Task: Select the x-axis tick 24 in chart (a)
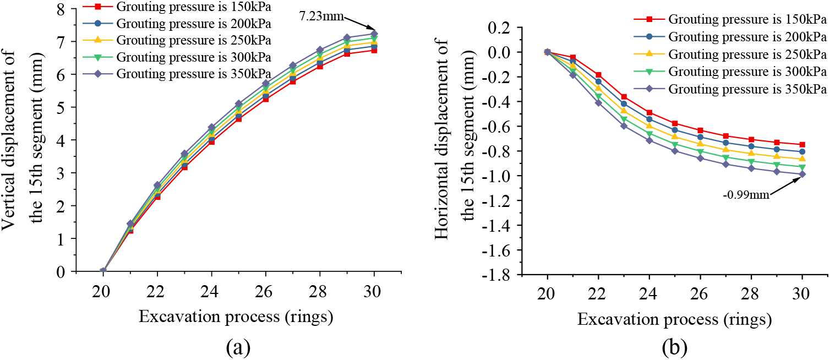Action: pos(211,292)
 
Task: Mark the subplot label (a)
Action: pos(238,347)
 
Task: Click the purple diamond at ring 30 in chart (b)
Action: pos(802,174)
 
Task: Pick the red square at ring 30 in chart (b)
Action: pos(802,145)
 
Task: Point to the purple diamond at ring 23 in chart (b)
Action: pos(624,126)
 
